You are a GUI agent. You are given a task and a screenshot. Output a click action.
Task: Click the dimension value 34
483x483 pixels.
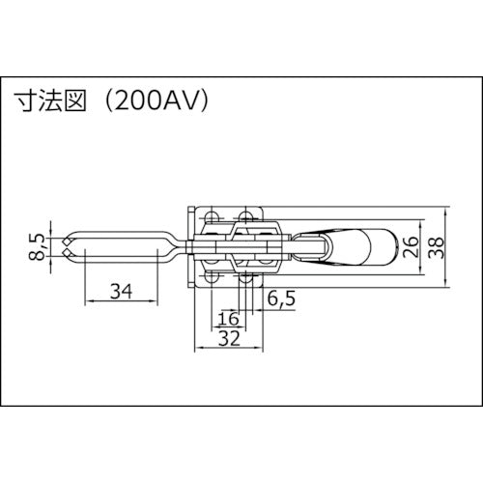[121, 289]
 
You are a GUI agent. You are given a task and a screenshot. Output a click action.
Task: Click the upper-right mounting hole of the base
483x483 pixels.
[248, 216]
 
